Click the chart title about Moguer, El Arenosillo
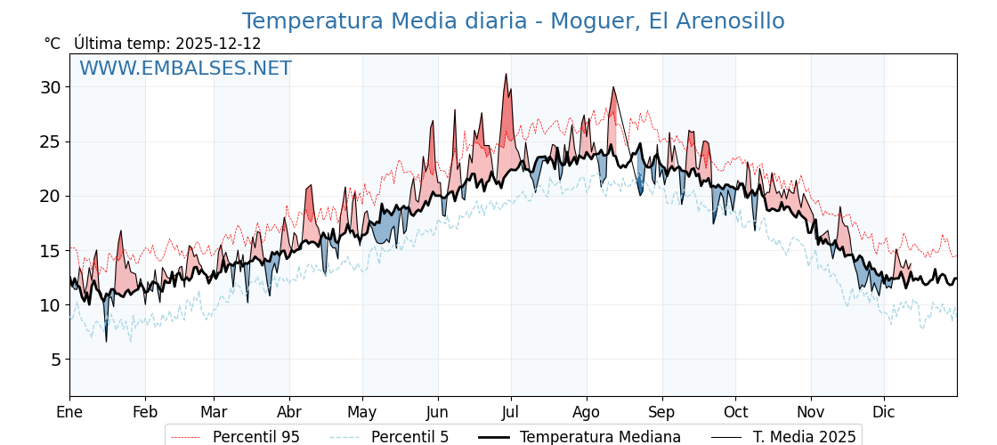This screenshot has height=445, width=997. click(513, 21)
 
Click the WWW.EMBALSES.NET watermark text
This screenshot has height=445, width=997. click(185, 69)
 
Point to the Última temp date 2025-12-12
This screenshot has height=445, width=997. click(218, 44)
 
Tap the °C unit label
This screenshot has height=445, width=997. click(52, 44)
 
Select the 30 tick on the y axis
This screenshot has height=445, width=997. click(50, 87)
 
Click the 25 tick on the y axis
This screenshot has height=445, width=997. click(50, 142)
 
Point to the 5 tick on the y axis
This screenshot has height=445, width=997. click(55, 360)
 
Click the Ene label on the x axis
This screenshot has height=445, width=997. click(69, 412)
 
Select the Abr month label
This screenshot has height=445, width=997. click(289, 412)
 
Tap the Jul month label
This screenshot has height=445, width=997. click(511, 412)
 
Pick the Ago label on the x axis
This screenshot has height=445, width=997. click(587, 412)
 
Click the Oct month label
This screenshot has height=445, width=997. click(735, 412)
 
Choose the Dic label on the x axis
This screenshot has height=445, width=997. click(884, 412)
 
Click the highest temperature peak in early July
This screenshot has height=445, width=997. click(506, 74)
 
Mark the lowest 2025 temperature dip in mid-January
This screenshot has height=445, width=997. click(106, 341)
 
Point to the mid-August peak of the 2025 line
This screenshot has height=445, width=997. click(613, 87)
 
